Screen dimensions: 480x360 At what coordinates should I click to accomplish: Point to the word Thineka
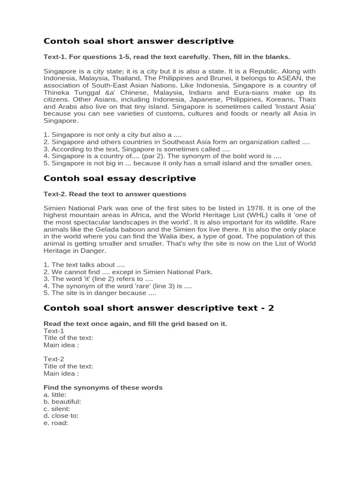57,92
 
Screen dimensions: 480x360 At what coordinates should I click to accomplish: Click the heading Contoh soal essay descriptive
120,179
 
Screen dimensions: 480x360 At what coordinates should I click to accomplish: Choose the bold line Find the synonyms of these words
103,388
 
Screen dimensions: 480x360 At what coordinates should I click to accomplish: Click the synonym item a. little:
55,395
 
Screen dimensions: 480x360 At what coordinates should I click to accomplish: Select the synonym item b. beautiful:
62,402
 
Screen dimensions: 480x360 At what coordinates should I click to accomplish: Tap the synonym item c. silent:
57,409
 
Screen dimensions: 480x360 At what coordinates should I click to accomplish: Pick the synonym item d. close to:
61,416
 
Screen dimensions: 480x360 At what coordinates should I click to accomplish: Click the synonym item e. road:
56,423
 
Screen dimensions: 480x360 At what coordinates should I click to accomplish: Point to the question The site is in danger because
100,293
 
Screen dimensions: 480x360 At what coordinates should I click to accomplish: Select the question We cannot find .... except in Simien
128,272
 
